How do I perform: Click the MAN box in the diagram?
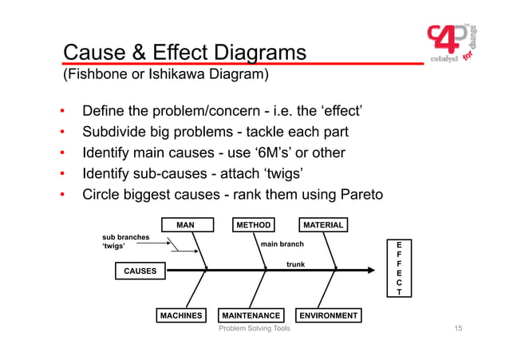[185, 225]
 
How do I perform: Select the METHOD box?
[254, 225]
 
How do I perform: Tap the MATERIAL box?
[322, 225]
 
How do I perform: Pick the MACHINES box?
[181, 315]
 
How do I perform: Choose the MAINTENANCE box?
[251, 315]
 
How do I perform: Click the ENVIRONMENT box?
[328, 315]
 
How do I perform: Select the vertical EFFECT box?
[400, 268]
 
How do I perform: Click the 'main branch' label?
[282, 244]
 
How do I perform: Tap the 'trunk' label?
[295, 263]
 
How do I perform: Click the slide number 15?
[458, 329]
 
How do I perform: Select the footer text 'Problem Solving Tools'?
[254, 329]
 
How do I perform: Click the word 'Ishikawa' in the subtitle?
[174, 76]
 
